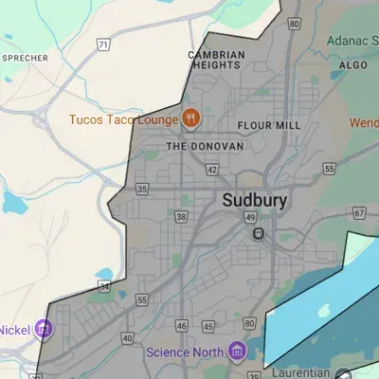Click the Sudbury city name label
(255, 201)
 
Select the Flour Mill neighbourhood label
(268, 125)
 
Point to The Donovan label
(205, 147)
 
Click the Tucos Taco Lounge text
(123, 120)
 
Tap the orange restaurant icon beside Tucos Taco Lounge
(191, 119)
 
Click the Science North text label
(185, 352)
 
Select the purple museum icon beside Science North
(238, 352)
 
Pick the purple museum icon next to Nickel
(44, 331)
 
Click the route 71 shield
(102, 45)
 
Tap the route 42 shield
(211, 170)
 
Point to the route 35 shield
(142, 189)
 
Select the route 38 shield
(181, 217)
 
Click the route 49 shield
(251, 218)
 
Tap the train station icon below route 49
(258, 234)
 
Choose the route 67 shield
(359, 213)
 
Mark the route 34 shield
(104, 285)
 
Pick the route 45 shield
(208, 327)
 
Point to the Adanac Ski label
(352, 41)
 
